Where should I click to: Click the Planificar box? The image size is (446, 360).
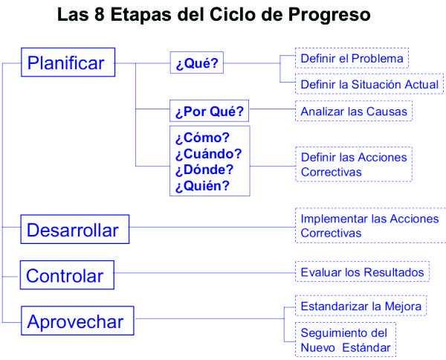pyautogui.click(x=68, y=62)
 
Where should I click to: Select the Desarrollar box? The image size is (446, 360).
pyautogui.click(x=75, y=229)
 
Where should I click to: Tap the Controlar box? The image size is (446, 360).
pyautogui.click(x=67, y=275)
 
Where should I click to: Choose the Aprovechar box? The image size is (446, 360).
pyautogui.click(x=77, y=321)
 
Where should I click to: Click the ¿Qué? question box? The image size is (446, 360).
pyautogui.click(x=197, y=62)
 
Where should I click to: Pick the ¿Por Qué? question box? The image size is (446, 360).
pyautogui.click(x=210, y=111)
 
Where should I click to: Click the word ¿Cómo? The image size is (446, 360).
pyautogui.click(x=202, y=138)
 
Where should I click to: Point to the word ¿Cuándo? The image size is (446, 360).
pyautogui.click(x=208, y=154)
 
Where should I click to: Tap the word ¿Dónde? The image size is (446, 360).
pyautogui.click(x=204, y=170)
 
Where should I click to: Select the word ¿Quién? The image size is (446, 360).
pyautogui.click(x=202, y=186)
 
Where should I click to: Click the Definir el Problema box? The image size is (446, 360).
pyautogui.click(x=352, y=58)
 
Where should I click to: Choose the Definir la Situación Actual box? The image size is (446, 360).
pyautogui.click(x=369, y=84)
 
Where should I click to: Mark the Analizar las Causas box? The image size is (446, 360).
pyautogui.click(x=354, y=111)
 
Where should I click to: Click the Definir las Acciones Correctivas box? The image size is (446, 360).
pyautogui.click(x=354, y=164)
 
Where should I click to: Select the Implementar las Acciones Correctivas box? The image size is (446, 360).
pyautogui.click(x=371, y=225)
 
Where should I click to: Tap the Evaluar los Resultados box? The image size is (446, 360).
pyautogui.click(x=362, y=271)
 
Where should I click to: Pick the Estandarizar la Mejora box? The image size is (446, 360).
pyautogui.click(x=361, y=306)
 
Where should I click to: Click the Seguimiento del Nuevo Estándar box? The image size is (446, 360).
pyautogui.click(x=346, y=339)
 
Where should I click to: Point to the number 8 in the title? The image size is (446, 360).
pyautogui.click(x=100, y=14)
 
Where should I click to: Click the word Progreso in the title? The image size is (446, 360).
pyautogui.click(x=329, y=15)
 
